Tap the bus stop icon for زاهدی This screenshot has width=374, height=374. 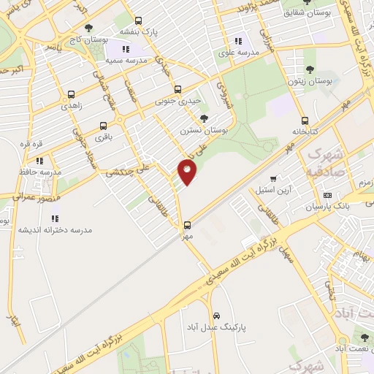(71, 94)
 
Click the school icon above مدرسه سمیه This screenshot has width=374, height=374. (126, 49)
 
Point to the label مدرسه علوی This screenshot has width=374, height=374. (242, 52)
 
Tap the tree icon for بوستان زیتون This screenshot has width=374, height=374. (310, 70)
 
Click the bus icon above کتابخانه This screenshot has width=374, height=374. (305, 122)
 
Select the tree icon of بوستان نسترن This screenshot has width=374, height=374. (204, 118)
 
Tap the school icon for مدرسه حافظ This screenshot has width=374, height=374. (39, 160)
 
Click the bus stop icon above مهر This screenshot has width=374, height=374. (188, 225)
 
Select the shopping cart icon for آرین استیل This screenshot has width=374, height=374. (273, 178)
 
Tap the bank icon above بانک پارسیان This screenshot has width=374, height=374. (327, 196)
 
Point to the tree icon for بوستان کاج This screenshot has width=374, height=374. (88, 28)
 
